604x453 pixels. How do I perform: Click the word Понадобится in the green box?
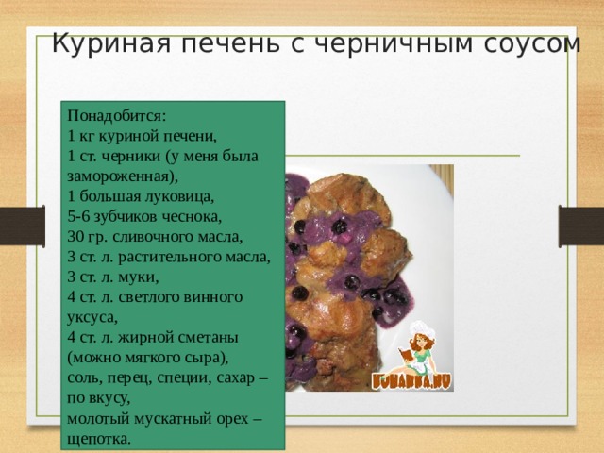point(117,117)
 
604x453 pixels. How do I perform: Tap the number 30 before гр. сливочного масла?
point(76,237)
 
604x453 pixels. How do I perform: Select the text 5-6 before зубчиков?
point(80,217)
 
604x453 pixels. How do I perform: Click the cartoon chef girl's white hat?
point(420,332)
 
